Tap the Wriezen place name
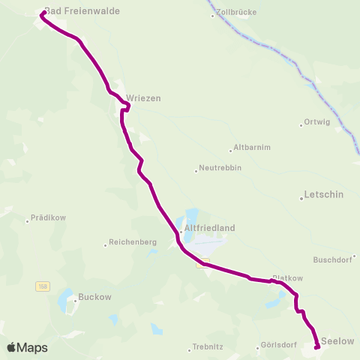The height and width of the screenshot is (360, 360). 143,97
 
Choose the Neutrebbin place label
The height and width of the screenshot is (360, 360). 220,169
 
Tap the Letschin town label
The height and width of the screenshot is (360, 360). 324,194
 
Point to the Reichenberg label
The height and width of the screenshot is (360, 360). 132,242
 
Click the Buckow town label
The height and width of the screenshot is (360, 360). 94,297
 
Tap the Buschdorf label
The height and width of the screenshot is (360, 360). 332,262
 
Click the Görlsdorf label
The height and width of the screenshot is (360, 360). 278,346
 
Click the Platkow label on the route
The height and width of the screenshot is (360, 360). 287,277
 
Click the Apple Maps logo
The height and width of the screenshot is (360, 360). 27,347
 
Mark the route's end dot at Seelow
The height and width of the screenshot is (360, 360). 317,346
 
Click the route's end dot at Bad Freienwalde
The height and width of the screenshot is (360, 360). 43,13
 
